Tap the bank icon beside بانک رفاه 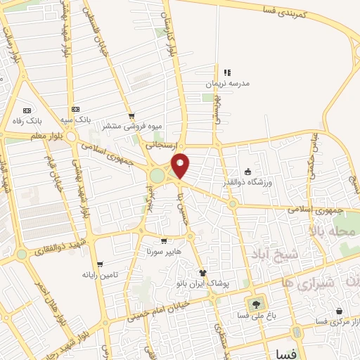click(x=27, y=110)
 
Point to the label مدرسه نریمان click(x=227, y=83)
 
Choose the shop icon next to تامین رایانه click(x=99, y=264)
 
